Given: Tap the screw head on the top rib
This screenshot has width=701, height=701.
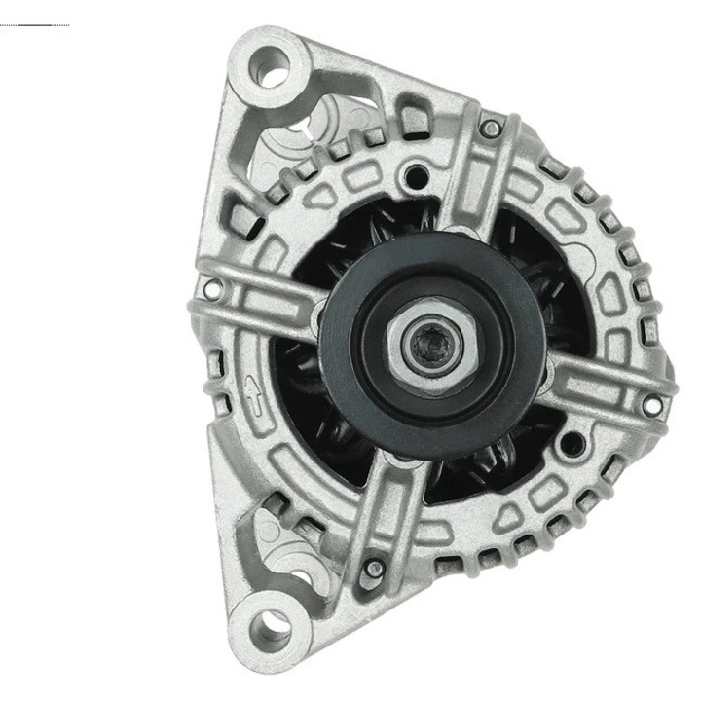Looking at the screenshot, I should (493, 128).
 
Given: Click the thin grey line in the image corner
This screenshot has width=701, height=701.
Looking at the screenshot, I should (34, 23).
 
